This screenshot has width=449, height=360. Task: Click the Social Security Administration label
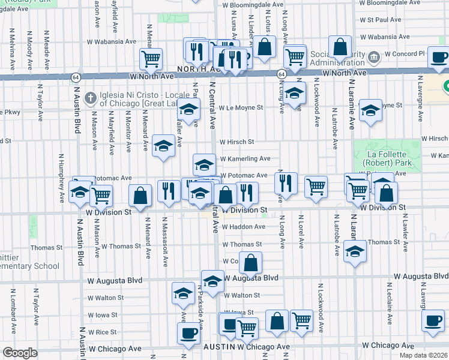(x=337, y=58)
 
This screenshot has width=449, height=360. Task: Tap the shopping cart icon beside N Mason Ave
(x=101, y=195)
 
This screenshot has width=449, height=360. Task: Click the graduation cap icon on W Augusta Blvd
(x=212, y=281)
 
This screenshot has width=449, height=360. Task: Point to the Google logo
(x=20, y=353)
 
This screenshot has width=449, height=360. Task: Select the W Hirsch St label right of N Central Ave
(x=237, y=142)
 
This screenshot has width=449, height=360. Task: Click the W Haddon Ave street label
(x=243, y=227)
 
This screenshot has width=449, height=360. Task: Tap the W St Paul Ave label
(x=380, y=20)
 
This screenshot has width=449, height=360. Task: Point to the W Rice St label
(x=101, y=332)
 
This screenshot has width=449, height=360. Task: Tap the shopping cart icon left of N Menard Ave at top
(x=151, y=58)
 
